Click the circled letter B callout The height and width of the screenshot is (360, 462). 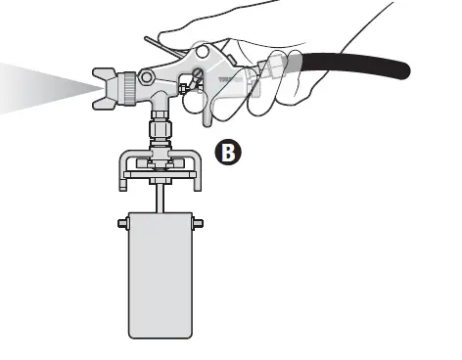pyautogui.click(x=227, y=152)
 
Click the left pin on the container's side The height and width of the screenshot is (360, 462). pyautogui.click(x=123, y=223)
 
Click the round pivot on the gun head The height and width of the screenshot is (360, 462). pyautogui.click(x=145, y=75)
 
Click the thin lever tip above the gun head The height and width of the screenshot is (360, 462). pyautogui.click(x=148, y=40)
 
